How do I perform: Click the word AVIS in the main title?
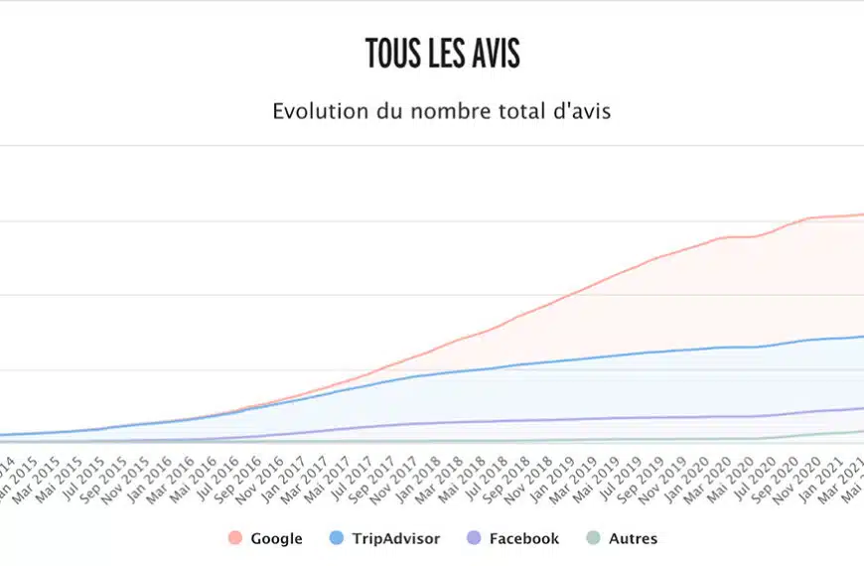pos(493,54)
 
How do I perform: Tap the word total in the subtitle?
pos(522,111)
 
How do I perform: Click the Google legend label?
pos(276,539)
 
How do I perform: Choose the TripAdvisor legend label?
pos(395,539)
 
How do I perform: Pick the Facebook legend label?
pos(523,539)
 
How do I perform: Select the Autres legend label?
pos(633,539)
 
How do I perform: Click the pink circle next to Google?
pos(235,539)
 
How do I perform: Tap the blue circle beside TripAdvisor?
pos(335,539)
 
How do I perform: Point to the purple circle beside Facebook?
pos(474,539)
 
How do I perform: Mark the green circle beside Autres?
pos(594,539)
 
